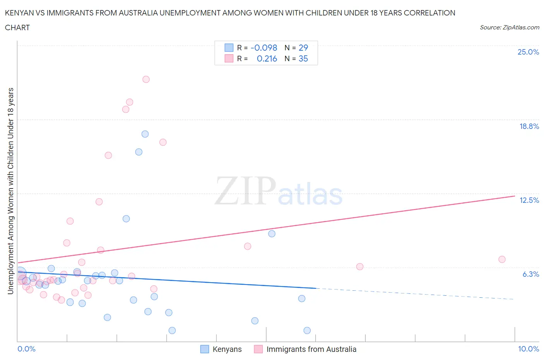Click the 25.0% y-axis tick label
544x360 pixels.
[528, 52]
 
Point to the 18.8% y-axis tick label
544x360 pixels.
[529, 126]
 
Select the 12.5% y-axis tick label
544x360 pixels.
[529, 200]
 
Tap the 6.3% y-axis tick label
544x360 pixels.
[530, 274]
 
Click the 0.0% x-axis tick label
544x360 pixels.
[26, 349]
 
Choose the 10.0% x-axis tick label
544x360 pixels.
[529, 349]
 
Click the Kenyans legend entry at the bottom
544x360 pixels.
[227, 349]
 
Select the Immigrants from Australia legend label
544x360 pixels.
[311, 349]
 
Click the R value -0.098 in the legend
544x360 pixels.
[264, 48]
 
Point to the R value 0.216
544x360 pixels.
[267, 58]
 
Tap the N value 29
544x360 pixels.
[303, 48]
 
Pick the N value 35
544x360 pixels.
[303, 58]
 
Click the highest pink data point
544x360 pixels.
[146, 79]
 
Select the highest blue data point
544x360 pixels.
[145, 134]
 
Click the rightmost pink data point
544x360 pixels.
[502, 259]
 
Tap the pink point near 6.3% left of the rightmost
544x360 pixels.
[360, 266]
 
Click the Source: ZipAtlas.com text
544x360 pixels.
[509, 27]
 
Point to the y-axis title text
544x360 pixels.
[10, 191]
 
